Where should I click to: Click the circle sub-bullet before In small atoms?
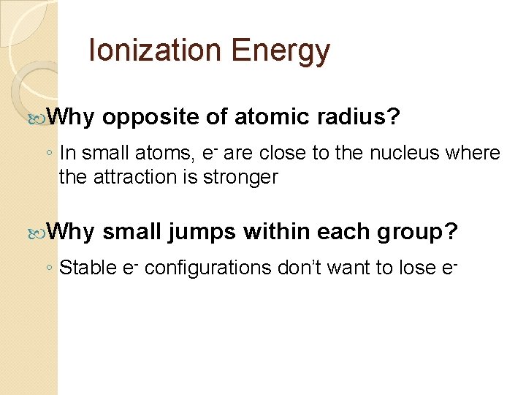pos(49,154)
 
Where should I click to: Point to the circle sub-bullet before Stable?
pos(49,268)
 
